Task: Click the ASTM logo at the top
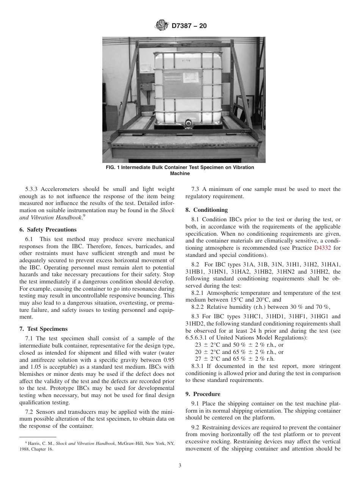[162, 26]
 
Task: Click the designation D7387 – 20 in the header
[189, 26]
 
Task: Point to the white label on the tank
[191, 78]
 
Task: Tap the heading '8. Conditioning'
[207, 210]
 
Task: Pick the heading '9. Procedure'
[202, 394]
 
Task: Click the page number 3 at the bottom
[180, 466]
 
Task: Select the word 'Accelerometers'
[60, 189]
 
